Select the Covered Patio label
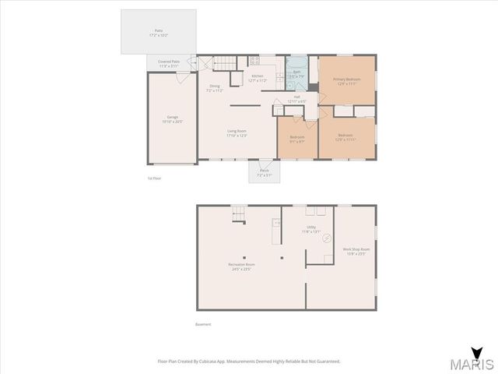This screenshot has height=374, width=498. (x=169, y=62)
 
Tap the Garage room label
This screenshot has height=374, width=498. (x=172, y=118)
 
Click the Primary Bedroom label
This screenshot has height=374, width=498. (x=345, y=80)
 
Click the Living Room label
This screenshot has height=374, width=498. (x=237, y=132)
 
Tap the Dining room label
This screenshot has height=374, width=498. (x=214, y=88)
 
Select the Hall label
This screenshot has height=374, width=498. (x=296, y=98)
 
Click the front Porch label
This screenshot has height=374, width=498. (x=264, y=172)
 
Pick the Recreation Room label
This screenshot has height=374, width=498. (x=239, y=266)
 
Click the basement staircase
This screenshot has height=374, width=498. (x=240, y=213)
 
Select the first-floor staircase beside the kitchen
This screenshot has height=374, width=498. (x=224, y=62)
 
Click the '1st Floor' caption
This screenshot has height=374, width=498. (x=154, y=178)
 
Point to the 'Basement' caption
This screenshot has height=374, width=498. (x=202, y=324)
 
